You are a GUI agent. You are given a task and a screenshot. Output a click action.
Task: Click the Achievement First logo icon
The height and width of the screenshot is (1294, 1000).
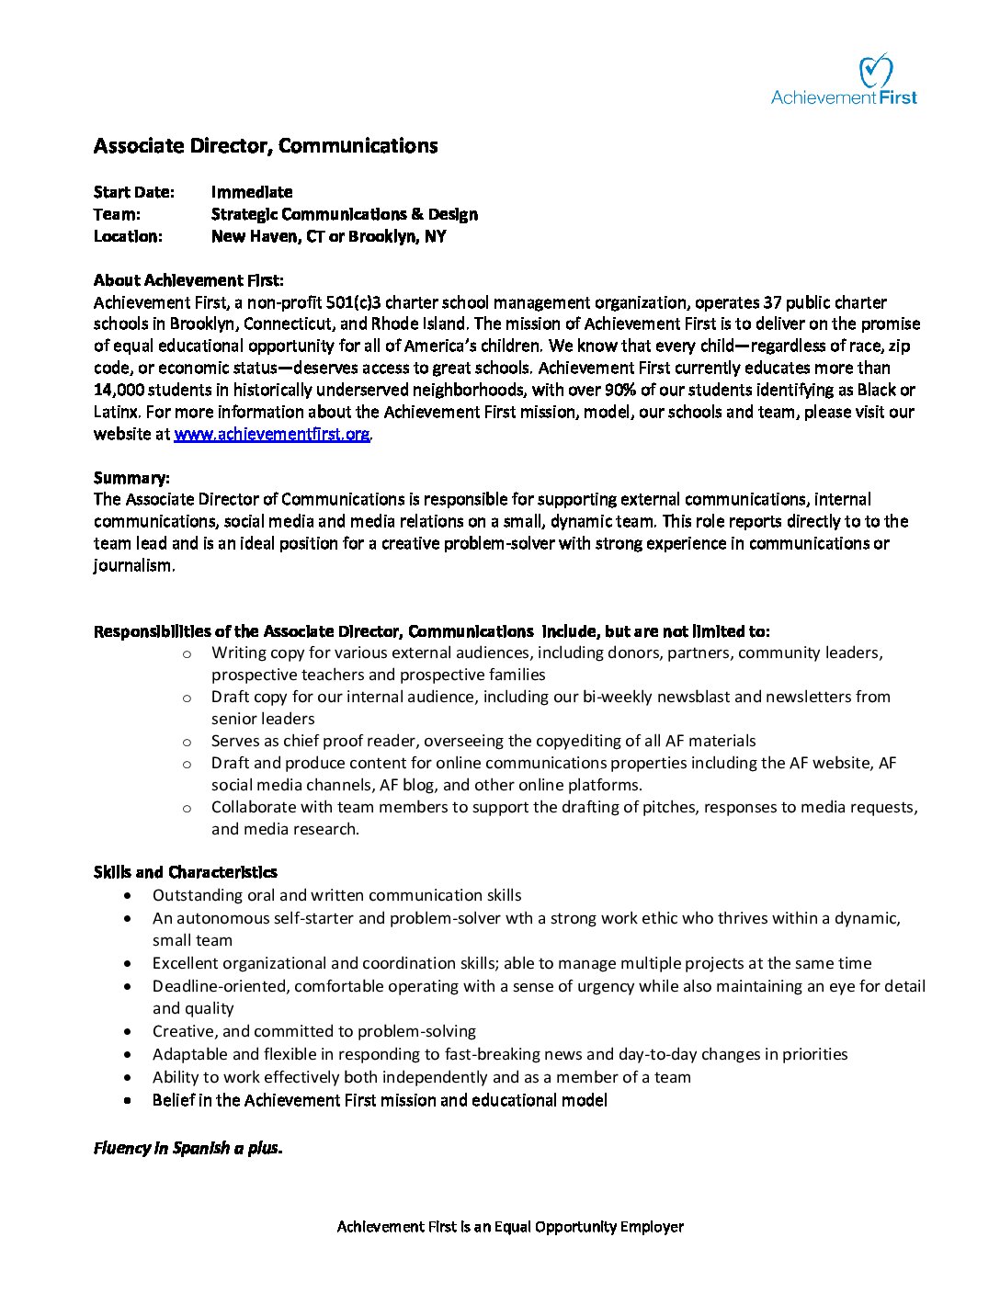tap(875, 71)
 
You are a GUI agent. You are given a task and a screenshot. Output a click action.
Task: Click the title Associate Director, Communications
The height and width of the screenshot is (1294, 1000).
tap(266, 146)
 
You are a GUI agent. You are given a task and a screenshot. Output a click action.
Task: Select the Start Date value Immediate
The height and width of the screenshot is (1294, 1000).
tap(252, 192)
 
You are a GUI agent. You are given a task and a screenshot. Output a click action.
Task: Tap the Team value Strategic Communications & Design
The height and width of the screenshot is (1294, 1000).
tap(345, 214)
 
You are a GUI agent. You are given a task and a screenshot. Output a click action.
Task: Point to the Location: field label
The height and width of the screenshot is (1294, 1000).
tap(128, 236)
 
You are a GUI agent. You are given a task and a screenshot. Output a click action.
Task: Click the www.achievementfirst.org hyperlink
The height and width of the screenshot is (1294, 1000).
tap(272, 434)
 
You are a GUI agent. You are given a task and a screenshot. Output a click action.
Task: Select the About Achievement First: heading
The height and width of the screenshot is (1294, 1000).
tap(188, 280)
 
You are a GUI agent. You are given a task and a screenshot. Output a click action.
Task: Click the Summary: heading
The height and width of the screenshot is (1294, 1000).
tap(131, 478)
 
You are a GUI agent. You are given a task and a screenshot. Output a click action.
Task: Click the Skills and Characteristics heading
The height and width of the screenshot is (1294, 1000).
tap(186, 872)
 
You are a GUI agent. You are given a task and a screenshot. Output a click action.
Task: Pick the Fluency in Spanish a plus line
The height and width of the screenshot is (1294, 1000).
tap(188, 1148)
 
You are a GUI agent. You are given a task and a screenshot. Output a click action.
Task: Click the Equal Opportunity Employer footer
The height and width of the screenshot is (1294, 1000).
tap(510, 1226)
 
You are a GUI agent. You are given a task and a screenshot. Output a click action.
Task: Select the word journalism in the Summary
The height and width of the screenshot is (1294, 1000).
tap(132, 565)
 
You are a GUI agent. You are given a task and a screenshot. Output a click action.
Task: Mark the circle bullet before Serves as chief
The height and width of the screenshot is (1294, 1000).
tap(187, 741)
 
